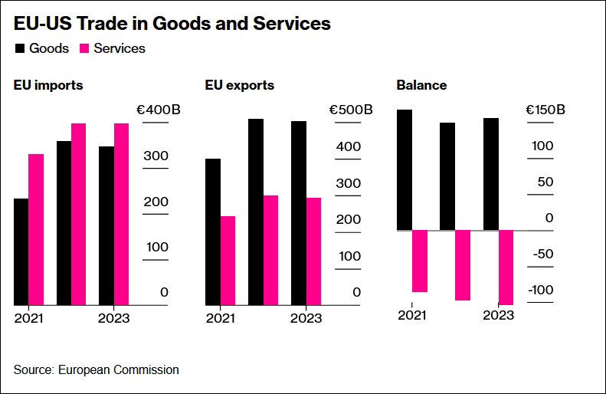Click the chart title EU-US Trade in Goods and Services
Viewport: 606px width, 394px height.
point(172,24)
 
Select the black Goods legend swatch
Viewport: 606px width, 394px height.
point(19,48)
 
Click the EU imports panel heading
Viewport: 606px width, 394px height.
point(48,85)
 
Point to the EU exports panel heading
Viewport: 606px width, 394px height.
point(240,85)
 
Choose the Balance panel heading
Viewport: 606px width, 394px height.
point(421,85)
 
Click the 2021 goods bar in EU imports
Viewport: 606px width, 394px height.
point(21,251)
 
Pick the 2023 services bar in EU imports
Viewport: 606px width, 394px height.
point(121,214)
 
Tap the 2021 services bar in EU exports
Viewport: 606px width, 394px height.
point(228,261)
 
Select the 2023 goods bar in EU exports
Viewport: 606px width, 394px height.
point(299,213)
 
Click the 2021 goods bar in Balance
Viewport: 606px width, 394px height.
point(405,169)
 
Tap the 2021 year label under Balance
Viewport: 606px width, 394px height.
point(411,314)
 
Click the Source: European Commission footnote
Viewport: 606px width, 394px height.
point(97,370)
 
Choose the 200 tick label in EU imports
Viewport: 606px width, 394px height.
point(158,202)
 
